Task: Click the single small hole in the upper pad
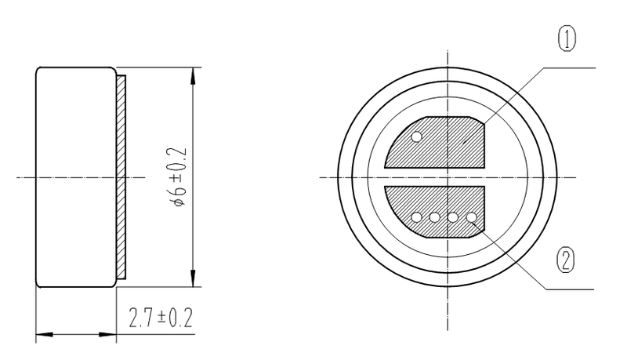coord(417,137)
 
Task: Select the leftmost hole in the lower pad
coord(417,218)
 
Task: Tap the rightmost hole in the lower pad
coord(471,218)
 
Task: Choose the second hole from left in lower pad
coord(435,218)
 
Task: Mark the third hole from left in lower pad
coord(453,218)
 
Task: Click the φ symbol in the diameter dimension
coord(179,202)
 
